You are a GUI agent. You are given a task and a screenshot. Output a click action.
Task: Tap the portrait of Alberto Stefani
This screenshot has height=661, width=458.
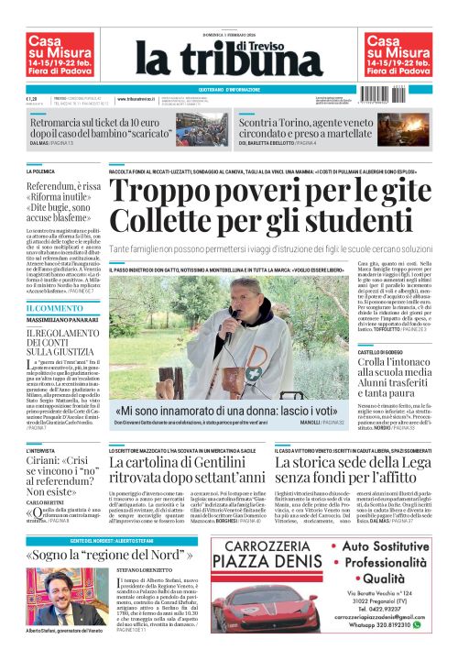click(51, 600)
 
